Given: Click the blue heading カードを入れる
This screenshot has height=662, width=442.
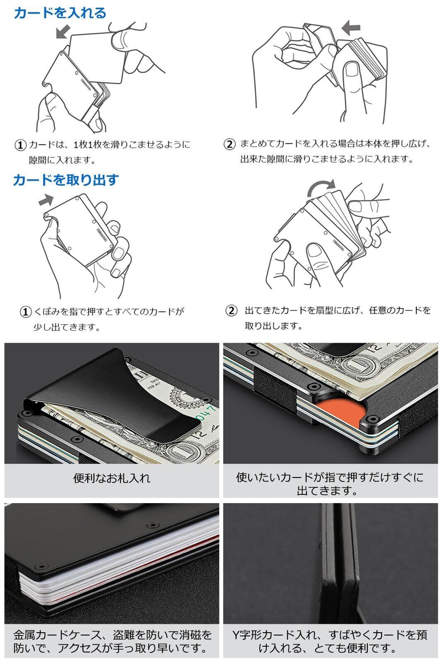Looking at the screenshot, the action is point(60,13).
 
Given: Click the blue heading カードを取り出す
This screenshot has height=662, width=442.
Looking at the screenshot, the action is point(66,180).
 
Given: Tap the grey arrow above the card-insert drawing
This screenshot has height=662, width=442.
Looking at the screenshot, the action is point(63,31).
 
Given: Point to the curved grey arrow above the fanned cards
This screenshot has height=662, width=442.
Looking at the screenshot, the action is point(321,187).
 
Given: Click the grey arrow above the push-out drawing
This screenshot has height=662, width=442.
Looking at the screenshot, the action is point(46,200).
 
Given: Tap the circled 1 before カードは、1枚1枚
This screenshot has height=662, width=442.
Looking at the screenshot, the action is point(20,145).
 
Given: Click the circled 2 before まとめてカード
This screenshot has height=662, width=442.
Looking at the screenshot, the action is point(229,144).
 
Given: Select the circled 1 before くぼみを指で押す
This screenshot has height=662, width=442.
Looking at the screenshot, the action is point(25,312).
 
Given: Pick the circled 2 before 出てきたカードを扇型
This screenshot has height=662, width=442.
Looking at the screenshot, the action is point(231,311).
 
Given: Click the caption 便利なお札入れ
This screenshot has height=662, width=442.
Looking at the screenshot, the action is point(112,478).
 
